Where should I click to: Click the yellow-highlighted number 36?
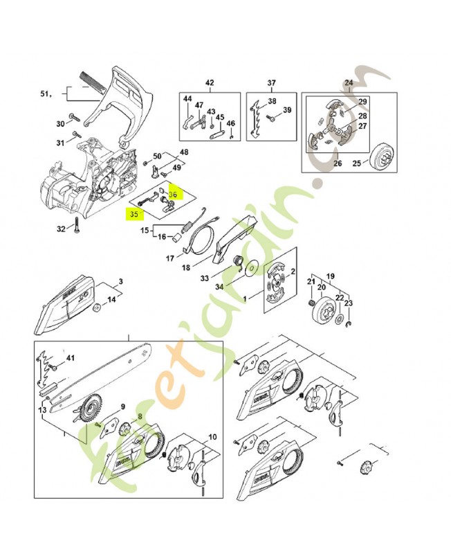173,195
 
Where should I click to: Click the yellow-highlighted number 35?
131,215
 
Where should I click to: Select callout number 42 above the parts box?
210,83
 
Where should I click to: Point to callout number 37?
272,83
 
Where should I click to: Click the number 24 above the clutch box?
349,83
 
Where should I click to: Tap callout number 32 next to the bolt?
60,229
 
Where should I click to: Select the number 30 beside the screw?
60,124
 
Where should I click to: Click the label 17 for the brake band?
169,259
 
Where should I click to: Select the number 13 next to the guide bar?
43,411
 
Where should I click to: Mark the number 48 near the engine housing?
183,152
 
